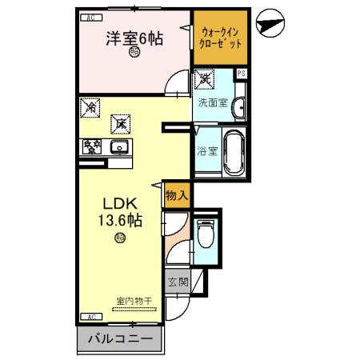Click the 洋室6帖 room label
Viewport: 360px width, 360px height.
point(134,37)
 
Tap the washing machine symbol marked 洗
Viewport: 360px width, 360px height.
point(206,80)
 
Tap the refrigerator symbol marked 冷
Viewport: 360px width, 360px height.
point(92,106)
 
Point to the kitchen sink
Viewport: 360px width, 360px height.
point(120,146)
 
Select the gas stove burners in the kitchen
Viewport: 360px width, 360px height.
point(91,146)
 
